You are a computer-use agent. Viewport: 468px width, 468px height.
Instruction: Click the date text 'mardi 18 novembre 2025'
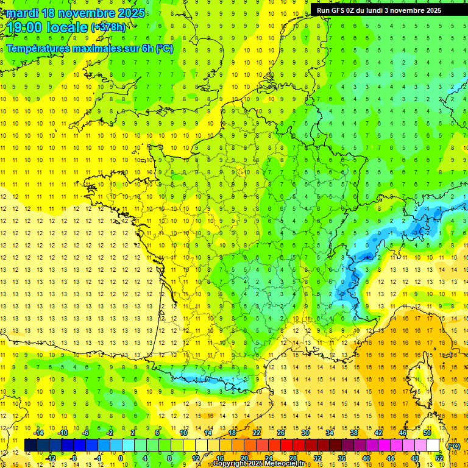[x=76, y=13]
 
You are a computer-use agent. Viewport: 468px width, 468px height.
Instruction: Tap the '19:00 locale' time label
[x=48, y=27]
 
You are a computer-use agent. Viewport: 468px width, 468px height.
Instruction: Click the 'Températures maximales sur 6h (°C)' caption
[x=90, y=49]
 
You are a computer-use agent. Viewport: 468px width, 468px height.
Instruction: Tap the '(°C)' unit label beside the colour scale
[x=453, y=446]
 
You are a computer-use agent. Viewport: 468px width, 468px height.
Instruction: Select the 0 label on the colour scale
[x=121, y=458]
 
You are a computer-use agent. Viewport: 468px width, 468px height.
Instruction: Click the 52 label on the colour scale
[x=439, y=458]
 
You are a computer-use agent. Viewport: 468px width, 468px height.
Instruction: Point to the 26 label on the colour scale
[x=281, y=433]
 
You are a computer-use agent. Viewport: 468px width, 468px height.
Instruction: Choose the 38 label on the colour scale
[x=354, y=433]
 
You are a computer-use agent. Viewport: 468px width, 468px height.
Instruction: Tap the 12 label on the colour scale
[x=195, y=458]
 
